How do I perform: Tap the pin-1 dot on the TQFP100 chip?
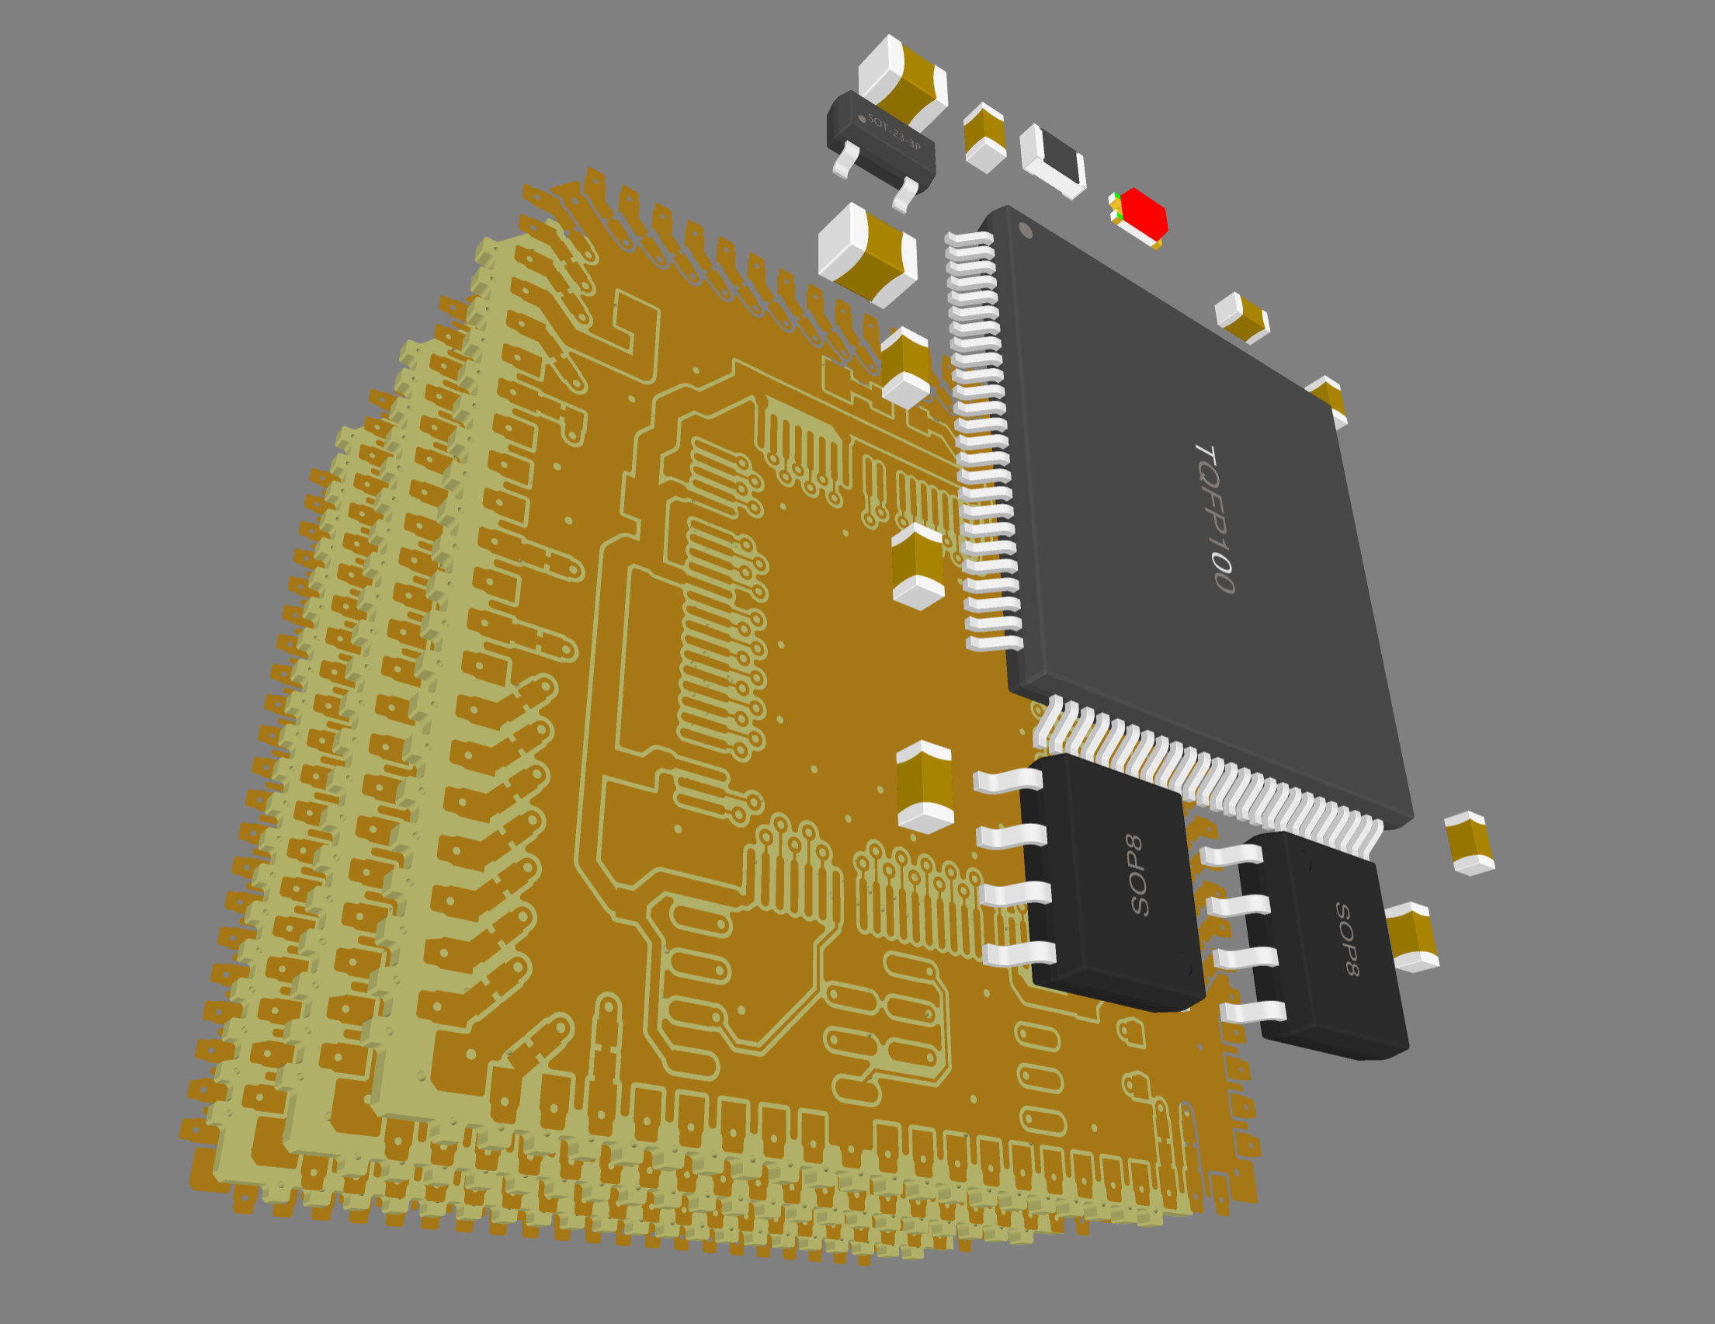tap(1025, 229)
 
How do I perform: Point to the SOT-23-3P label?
tap(894, 131)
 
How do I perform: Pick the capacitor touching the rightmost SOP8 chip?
tap(1412, 937)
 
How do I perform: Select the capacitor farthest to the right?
tap(1469, 843)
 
